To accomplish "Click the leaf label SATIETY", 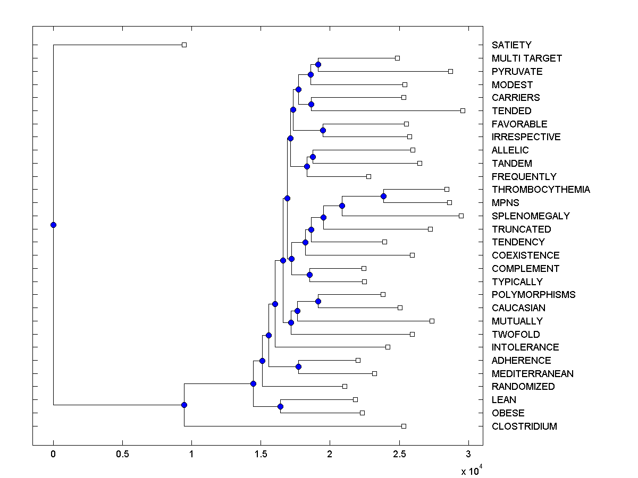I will click(x=511, y=45).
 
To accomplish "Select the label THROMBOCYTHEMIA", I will click(x=541, y=190).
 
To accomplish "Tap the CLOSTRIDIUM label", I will click(x=524, y=426).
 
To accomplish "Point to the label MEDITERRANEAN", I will click(x=532, y=374).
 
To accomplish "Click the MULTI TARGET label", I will click(x=526, y=58).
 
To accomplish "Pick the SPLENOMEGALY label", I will click(x=531, y=216).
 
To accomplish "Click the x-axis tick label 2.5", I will click(x=399, y=454).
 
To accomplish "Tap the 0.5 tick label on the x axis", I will click(x=122, y=454).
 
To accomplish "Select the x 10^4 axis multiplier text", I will click(x=472, y=470).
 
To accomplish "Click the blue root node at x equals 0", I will click(x=53, y=225).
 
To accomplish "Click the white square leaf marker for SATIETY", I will click(x=184, y=45).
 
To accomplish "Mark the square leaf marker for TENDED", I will click(x=463, y=110).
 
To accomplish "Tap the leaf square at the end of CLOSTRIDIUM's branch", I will click(x=404, y=426).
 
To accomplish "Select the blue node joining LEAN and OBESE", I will click(x=280, y=406).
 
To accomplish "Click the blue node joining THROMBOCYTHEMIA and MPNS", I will click(x=383, y=196).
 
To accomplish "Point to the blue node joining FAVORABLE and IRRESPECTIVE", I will click(x=323, y=130).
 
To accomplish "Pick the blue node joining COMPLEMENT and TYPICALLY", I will click(x=309, y=275).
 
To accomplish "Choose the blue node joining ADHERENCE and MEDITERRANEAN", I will click(x=298, y=366).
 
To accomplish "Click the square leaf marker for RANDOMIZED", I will click(x=345, y=386).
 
